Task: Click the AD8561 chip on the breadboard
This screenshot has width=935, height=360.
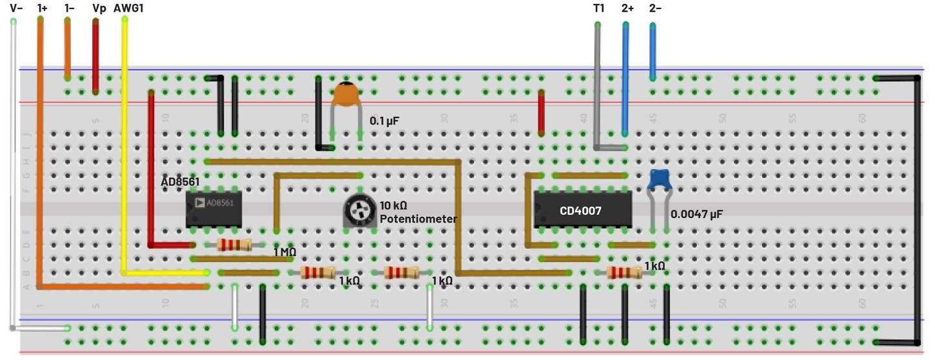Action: point(213,209)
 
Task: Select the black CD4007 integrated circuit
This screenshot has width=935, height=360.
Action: point(582,210)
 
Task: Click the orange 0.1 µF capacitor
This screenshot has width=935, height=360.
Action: point(346,95)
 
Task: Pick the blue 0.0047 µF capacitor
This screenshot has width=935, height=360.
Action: point(659,179)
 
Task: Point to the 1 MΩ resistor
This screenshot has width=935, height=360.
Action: point(234,245)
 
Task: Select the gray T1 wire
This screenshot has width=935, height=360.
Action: point(597,84)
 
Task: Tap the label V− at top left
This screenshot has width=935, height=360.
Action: point(16,8)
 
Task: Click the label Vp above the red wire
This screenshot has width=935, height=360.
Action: point(99,8)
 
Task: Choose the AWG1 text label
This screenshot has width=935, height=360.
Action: point(129,8)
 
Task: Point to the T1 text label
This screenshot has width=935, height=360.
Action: point(598,8)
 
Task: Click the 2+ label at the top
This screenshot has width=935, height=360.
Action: point(627,8)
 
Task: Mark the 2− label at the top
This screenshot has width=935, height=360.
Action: point(655,8)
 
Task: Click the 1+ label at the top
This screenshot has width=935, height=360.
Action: point(42,8)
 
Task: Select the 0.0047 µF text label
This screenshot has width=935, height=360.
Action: point(696,214)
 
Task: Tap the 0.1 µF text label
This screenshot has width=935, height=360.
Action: point(384,121)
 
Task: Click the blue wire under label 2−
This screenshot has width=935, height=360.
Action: point(653,52)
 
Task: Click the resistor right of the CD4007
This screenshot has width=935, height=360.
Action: point(624,273)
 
